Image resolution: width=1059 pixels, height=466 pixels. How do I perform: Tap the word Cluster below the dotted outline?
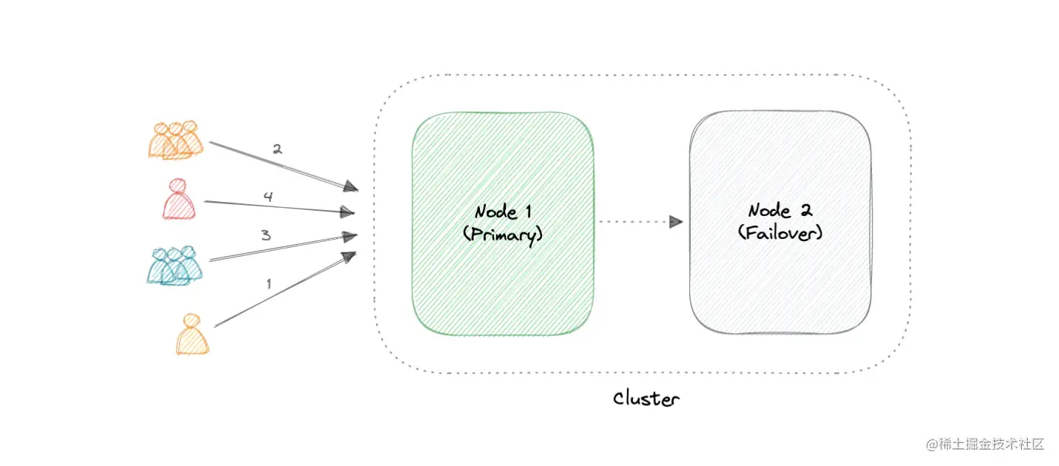pos(646,399)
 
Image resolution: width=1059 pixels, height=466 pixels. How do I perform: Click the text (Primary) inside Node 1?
pos(503,234)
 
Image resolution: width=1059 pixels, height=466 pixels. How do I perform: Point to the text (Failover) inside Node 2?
pos(780,233)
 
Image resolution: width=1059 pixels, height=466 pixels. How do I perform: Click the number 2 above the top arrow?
pos(277,149)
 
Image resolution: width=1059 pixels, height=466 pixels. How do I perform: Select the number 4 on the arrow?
pos(268,197)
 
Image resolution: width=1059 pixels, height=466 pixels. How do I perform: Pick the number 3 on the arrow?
pos(265,235)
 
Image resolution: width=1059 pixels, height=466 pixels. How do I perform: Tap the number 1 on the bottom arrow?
pos(268,283)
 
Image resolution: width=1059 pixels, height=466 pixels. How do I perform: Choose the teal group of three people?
pos(175,266)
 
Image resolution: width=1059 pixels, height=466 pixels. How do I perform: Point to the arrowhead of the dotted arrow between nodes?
pos(676,221)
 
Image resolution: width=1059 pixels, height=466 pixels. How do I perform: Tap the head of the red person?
pos(178,186)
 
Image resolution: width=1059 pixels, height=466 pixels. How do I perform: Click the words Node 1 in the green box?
pos(503,212)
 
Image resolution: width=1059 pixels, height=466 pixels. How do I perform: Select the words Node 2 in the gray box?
pos(780,211)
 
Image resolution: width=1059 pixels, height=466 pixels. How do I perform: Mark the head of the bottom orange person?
pos(192,320)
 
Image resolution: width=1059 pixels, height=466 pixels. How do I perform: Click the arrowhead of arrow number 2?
pos(351,188)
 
